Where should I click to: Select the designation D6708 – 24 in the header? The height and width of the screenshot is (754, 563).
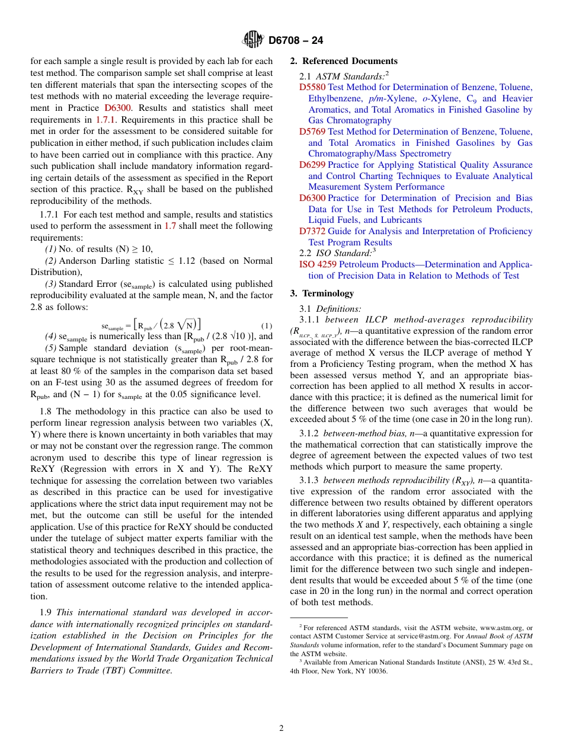[296, 41]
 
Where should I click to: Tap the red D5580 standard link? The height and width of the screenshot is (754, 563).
[312, 87]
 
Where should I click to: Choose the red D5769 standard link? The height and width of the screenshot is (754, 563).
[312, 132]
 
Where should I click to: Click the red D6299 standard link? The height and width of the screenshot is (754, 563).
[312, 165]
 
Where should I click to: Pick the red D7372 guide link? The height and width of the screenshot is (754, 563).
[312, 231]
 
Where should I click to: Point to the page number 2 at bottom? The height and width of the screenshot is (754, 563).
[281, 728]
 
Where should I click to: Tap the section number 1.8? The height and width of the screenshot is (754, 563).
[46, 411]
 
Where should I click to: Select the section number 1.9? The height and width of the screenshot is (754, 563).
[46, 612]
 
